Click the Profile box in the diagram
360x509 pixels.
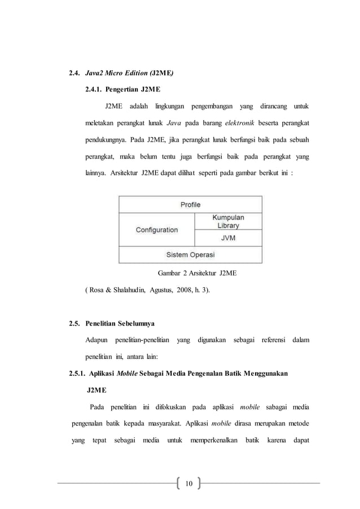[x=190, y=204]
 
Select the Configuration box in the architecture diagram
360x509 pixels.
[x=156, y=230]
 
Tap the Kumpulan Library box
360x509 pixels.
[x=228, y=221]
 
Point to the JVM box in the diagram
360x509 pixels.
[x=228, y=238]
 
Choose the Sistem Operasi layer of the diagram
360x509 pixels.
[x=190, y=254]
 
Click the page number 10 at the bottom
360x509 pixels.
[x=188, y=483]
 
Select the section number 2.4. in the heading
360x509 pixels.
[x=74, y=73]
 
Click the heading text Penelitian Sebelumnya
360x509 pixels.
[x=120, y=324]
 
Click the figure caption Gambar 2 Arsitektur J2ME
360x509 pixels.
[x=196, y=274]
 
